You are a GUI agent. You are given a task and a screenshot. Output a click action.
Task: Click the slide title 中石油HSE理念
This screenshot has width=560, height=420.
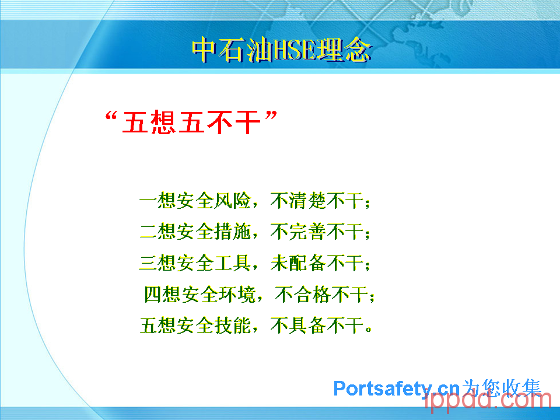tap(282, 50)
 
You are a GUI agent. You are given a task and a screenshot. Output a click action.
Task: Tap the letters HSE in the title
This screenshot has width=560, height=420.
tap(294, 50)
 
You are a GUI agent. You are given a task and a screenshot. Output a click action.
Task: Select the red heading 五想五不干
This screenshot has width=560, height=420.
tap(191, 123)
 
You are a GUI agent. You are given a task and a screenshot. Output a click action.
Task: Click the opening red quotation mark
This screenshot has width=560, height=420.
tap(111, 117)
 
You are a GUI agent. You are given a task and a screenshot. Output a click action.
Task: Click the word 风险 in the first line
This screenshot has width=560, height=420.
tap(233, 200)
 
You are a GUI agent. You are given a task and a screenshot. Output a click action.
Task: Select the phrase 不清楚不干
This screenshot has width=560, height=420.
tap(317, 200)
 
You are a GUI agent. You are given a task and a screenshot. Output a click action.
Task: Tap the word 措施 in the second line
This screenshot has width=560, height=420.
tap(233, 232)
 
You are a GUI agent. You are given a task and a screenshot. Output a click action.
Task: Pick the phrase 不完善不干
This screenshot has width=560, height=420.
tap(317, 232)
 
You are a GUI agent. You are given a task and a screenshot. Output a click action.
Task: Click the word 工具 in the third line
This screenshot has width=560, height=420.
tap(233, 263)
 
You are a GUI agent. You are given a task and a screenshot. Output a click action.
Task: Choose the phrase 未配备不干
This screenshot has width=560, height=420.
tap(317, 263)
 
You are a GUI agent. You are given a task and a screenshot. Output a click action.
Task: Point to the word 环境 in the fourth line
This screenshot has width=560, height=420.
tap(237, 295)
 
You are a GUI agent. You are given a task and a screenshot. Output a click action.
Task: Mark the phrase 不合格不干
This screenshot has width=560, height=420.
tap(321, 295)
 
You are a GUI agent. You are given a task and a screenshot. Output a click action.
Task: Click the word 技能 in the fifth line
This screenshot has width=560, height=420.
tap(233, 325)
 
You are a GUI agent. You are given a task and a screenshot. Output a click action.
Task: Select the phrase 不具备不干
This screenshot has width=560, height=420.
tap(317, 325)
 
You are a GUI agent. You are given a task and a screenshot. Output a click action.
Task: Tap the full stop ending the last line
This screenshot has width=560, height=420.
tap(369, 330)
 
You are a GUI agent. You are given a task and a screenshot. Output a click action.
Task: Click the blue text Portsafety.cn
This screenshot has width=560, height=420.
tap(397, 388)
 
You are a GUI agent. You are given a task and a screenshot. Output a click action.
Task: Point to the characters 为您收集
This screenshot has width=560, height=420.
tap(501, 388)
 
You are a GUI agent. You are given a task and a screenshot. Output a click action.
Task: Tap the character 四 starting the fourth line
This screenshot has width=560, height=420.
tap(153, 295)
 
